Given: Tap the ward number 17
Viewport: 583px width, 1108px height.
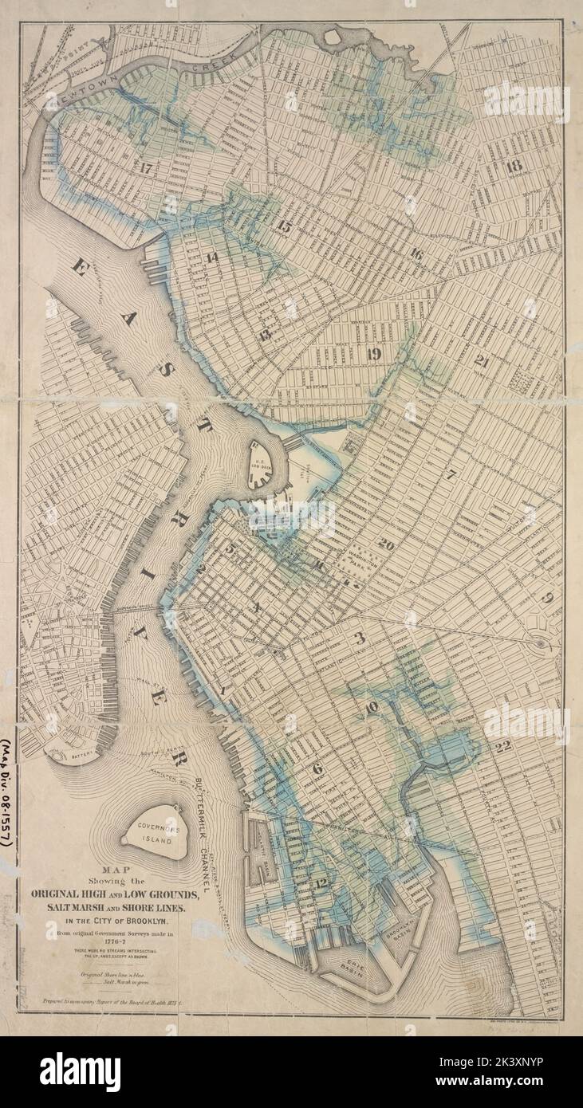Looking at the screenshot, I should pos(144,168).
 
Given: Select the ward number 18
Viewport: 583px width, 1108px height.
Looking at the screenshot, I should pos(513,166).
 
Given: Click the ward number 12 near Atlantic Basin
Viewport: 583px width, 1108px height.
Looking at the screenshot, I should pos(321,882).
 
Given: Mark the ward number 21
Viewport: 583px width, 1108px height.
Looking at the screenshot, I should pos(481,360).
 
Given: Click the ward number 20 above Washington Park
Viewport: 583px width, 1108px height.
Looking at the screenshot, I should pos(386,545).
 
